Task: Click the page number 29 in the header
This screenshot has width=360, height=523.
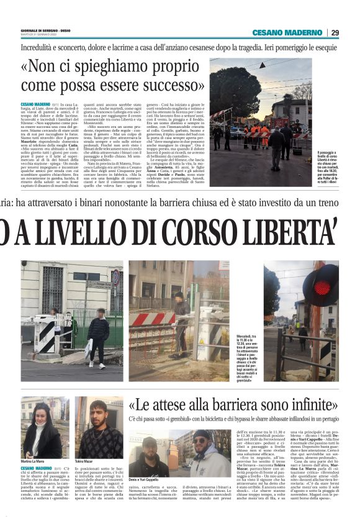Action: coord(336,32)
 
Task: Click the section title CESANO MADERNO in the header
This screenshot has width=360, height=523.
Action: coord(287,32)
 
